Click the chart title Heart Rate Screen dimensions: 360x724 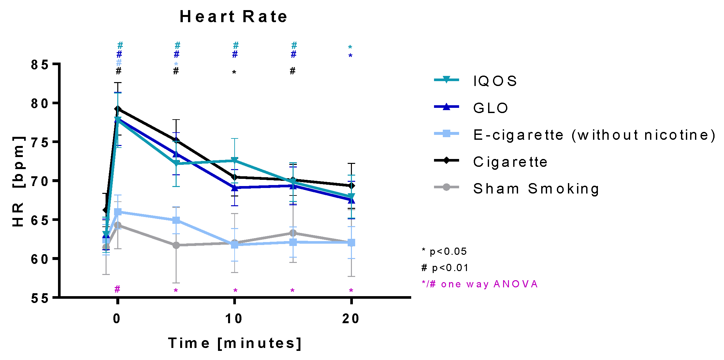[233, 17]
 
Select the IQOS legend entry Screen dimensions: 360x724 [495, 81]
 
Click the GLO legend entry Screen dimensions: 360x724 [490, 108]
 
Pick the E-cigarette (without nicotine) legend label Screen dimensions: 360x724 [594, 135]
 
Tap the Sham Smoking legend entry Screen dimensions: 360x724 [536, 189]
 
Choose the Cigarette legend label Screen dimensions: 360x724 [510, 162]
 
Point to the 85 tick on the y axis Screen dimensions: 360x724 [40, 65]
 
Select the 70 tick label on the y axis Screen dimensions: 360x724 [40, 181]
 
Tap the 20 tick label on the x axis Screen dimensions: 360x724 [351, 319]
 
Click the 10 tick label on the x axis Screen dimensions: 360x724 [234, 319]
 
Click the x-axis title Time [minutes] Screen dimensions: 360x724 [235, 343]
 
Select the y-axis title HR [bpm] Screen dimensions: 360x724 [19, 181]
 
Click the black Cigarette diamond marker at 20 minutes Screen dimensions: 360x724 [351, 186]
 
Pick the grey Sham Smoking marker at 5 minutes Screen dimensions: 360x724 [176, 245]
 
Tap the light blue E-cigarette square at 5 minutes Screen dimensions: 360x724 [176, 221]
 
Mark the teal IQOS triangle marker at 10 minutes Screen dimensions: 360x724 [234, 161]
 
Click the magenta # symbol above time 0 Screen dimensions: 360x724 [117, 289]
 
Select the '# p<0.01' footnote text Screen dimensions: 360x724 [445, 268]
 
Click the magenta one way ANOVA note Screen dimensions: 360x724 [480, 284]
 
